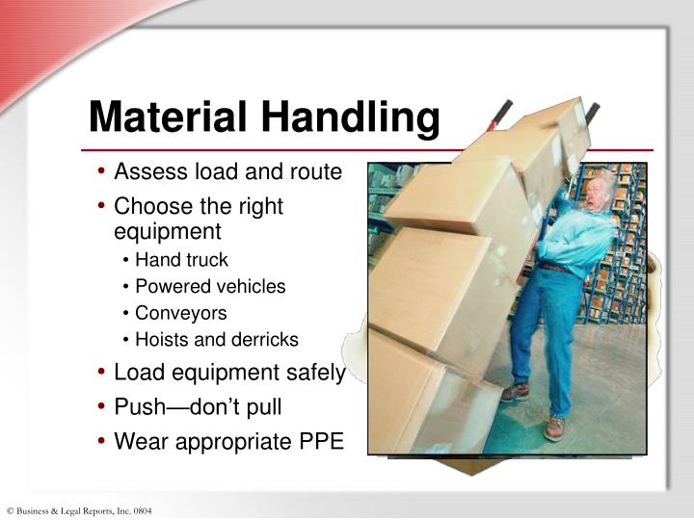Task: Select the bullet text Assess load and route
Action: point(227,172)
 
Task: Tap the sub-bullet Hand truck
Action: point(181,259)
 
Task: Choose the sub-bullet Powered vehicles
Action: point(210,286)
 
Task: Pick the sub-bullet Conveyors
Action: point(181,313)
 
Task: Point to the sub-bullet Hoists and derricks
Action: point(217,340)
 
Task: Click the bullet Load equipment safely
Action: point(229,373)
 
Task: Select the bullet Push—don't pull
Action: point(198,407)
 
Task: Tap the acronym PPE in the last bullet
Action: point(320,442)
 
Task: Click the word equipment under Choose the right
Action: point(168,231)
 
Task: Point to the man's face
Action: point(597,193)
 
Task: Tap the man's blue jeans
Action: point(540,327)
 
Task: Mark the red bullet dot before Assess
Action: point(102,173)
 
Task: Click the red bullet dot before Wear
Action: point(102,443)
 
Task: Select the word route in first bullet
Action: point(315,172)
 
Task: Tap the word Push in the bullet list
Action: point(137,407)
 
